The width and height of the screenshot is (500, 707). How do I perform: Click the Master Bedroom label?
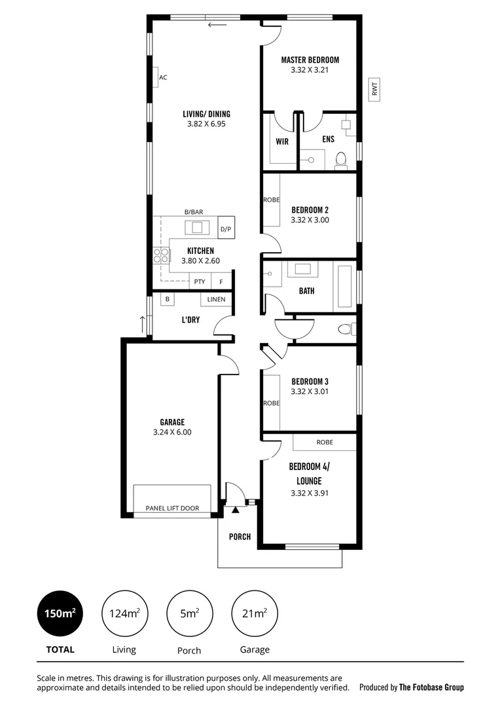point(310,60)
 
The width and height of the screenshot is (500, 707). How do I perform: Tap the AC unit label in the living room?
point(163,77)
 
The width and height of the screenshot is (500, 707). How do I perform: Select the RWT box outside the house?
point(375,89)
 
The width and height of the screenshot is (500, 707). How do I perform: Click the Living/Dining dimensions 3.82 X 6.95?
point(206,124)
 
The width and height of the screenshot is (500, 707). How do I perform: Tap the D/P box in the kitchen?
point(226,229)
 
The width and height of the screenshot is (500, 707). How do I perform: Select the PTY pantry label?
point(200,282)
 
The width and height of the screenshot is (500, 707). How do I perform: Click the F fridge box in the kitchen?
point(221,282)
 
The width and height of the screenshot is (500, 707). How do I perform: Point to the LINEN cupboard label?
point(217,300)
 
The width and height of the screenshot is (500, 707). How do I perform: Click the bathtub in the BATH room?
point(345,286)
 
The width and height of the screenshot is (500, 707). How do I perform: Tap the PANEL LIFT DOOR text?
point(173,508)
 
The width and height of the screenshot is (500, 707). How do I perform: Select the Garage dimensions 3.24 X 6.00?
point(171,432)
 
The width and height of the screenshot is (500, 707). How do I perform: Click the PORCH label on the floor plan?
point(240,537)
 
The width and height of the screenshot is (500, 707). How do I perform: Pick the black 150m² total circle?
point(60,613)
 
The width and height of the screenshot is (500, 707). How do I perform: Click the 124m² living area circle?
point(124,613)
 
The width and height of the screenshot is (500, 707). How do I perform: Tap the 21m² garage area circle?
point(255,613)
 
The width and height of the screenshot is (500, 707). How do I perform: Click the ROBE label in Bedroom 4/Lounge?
point(325,443)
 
